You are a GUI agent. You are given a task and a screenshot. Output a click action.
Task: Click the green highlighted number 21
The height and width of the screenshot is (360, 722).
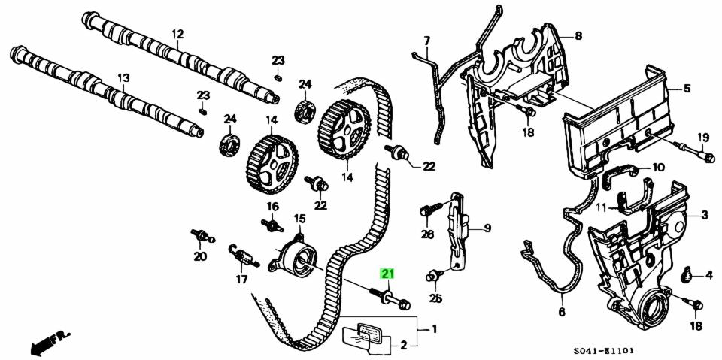tap(388, 274)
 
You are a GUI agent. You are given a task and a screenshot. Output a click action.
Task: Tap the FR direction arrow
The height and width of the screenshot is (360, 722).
tap(46, 342)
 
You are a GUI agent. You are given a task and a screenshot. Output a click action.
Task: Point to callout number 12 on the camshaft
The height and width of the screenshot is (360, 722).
tap(177, 34)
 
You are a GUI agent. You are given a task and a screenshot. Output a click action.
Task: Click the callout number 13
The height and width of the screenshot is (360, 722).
tap(123, 77)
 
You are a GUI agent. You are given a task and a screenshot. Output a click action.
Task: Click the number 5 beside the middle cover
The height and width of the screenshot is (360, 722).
tap(687, 89)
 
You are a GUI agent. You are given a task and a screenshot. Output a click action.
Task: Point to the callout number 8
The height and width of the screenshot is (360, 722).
tap(578, 35)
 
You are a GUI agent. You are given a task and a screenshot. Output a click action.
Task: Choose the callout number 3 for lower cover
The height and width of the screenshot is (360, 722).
tap(705, 216)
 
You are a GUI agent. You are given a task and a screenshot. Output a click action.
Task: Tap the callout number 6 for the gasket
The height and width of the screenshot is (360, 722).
tap(562, 311)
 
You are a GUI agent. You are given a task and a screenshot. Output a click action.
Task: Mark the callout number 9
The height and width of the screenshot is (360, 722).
tap(487, 228)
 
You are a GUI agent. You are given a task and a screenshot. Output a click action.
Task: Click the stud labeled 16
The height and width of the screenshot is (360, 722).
tap(270, 224)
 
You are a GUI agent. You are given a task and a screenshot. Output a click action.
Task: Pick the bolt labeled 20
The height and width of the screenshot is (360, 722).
tap(200, 236)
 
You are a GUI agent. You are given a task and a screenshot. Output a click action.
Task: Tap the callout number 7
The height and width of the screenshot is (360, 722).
tap(426, 40)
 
